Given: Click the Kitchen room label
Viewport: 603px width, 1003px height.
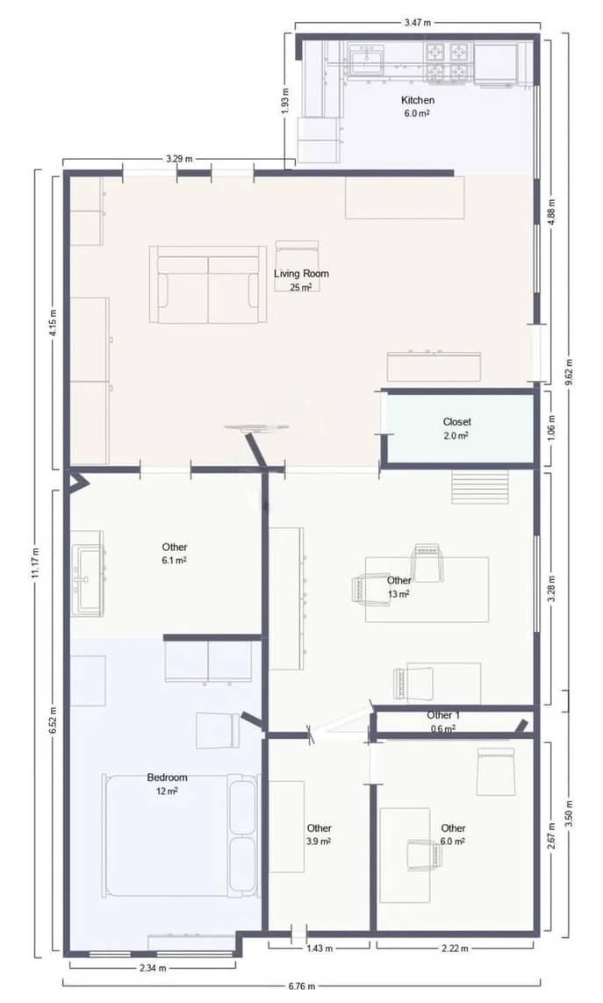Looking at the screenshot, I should point(418,100).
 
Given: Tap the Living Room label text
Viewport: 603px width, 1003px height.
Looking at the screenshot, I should point(301,274).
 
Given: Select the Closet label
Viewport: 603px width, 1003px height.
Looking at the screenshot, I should point(456,422).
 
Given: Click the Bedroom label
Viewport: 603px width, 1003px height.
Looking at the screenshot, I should point(167,777).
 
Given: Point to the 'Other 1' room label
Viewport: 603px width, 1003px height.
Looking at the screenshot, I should point(443,715).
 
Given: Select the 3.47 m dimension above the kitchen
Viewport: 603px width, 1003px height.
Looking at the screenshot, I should point(417,24).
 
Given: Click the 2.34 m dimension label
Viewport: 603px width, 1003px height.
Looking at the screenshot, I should point(152,967).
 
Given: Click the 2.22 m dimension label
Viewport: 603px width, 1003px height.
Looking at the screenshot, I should point(456,948).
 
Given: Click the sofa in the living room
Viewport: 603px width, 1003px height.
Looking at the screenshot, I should point(208,284).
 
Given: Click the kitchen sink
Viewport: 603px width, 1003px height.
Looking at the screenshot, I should point(367,60).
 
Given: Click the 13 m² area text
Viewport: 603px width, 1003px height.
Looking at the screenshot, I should point(398,594).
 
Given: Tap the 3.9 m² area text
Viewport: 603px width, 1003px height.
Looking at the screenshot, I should point(319,842).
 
